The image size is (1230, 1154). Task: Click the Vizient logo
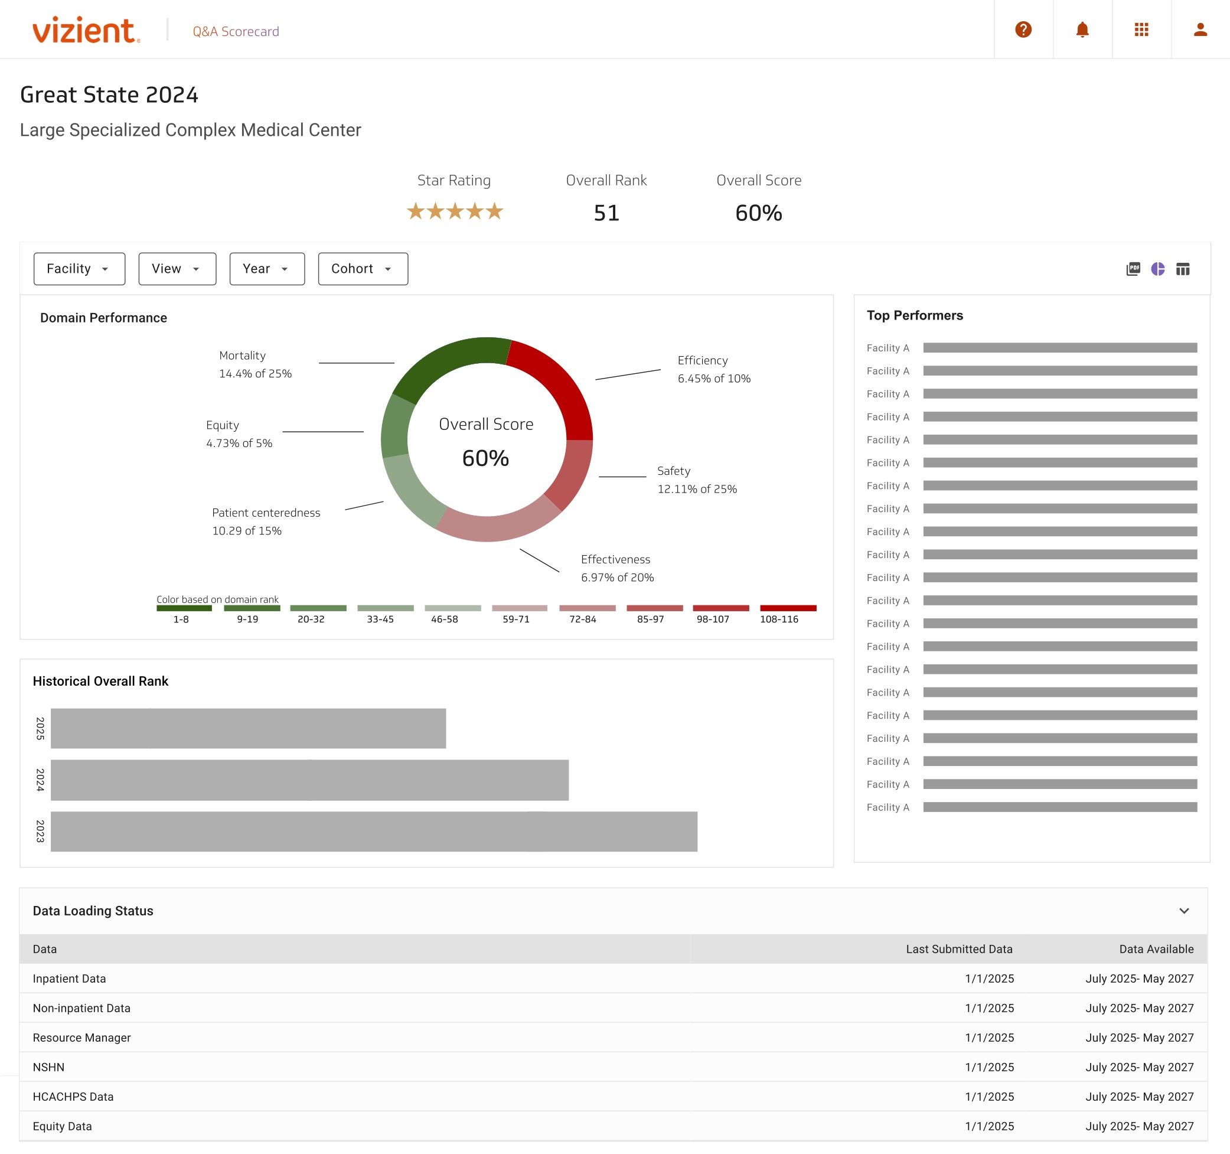(86, 30)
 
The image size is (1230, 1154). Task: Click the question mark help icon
(1023, 30)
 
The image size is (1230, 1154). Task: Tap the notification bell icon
(1082, 30)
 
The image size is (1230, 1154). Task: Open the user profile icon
(1200, 30)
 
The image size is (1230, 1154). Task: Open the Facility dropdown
(79, 269)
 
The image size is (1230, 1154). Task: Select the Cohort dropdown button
(363, 269)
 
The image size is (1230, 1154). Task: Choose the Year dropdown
(267, 269)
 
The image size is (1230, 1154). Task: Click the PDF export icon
(1133, 269)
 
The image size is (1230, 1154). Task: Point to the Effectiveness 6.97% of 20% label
(617, 568)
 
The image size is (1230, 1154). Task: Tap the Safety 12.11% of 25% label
(696, 480)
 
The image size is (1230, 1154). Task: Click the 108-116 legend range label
(778, 619)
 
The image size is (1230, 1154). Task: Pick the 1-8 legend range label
(181, 619)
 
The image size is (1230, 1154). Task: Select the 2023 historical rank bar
(373, 831)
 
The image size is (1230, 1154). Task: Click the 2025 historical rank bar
(247, 728)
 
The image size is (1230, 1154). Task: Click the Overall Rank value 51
(606, 213)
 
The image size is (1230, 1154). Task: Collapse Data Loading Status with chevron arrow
(1183, 910)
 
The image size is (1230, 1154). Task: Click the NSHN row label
(48, 1067)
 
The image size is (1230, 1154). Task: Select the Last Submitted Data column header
(958, 948)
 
